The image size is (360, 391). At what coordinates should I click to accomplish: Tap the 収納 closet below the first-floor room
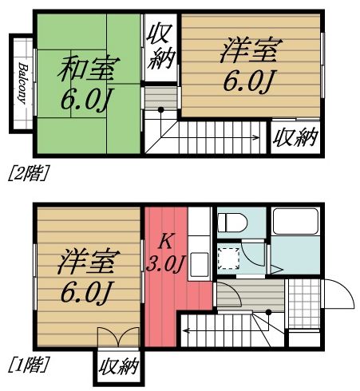(119, 369)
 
